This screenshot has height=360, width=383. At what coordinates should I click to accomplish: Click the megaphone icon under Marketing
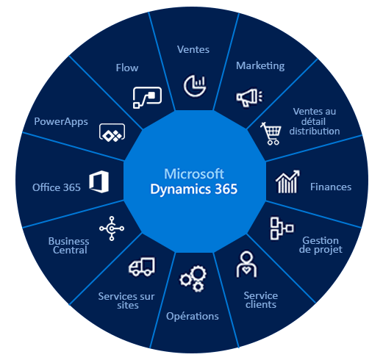(x=249, y=98)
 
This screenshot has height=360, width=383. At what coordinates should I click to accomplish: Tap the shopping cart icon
(x=271, y=134)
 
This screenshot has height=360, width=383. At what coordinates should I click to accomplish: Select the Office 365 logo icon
(x=99, y=181)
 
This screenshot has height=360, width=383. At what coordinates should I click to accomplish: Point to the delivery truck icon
(x=142, y=267)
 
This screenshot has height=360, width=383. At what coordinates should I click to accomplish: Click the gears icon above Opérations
(x=193, y=278)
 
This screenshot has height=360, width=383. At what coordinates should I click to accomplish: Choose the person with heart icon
(x=246, y=264)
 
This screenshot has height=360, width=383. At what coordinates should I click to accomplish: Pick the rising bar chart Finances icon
(x=287, y=181)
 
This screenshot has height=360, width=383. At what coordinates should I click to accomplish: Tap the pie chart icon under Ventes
(x=195, y=86)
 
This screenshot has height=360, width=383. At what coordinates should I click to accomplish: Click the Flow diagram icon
(x=147, y=98)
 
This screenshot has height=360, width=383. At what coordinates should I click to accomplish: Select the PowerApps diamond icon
(x=112, y=132)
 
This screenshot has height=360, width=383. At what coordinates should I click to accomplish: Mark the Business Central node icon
(x=112, y=228)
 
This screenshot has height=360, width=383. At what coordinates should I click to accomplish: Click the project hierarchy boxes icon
(x=282, y=228)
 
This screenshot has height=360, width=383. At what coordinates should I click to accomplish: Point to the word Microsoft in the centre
(x=194, y=174)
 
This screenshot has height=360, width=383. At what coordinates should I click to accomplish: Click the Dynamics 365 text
(x=194, y=189)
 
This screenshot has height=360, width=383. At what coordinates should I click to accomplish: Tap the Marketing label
(x=260, y=66)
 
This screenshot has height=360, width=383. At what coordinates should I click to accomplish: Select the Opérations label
(x=193, y=316)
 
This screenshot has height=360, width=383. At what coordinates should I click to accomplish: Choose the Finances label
(x=331, y=187)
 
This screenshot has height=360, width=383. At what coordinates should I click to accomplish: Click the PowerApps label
(x=61, y=122)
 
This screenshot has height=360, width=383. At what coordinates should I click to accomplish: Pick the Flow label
(x=127, y=68)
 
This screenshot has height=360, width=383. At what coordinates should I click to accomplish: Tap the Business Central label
(x=69, y=245)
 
